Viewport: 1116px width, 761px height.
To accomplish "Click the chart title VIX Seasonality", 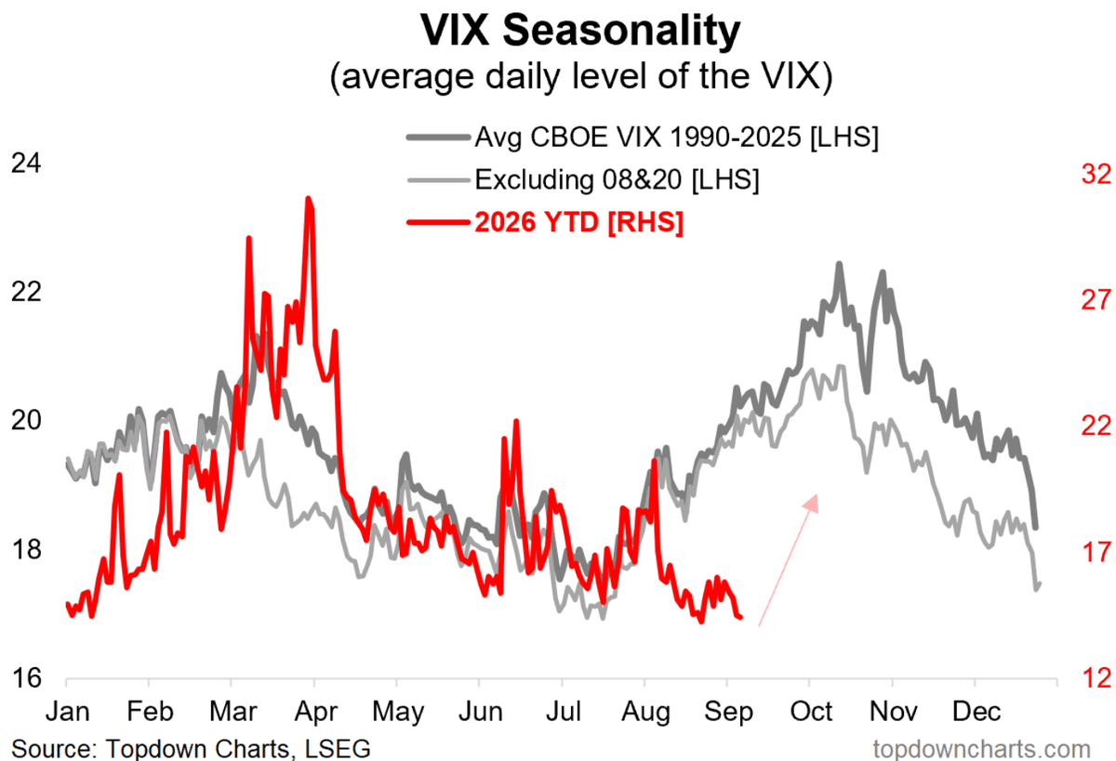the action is coord(580,30).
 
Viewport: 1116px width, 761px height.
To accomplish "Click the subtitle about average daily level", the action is coord(581,76).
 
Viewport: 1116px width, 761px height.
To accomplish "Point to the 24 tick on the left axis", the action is coord(26,164).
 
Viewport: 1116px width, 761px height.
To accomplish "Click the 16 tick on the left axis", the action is coord(26,678).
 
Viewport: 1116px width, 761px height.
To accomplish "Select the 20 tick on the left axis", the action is coord(26,421).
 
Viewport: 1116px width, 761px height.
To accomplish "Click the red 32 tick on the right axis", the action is coord(1096,174).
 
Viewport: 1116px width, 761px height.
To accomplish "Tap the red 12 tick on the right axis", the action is coord(1096,678).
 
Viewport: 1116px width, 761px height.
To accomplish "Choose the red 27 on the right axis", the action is coord(1096,300).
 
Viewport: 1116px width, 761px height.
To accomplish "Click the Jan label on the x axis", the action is coord(68,712).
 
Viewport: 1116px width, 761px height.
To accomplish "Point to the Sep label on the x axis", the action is coord(728,713).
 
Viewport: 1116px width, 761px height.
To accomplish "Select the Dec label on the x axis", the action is coord(976,712).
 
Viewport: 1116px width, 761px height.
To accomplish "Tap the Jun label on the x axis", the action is coord(480,712).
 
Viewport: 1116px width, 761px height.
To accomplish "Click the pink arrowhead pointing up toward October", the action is coord(812,503).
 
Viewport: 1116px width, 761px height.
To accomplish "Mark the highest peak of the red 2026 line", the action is coord(309,198).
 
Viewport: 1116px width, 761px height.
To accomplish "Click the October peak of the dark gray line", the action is coord(840,263).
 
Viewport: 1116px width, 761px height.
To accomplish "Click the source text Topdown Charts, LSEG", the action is coord(191,749).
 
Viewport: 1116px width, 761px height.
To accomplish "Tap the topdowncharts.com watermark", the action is coord(982,749).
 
